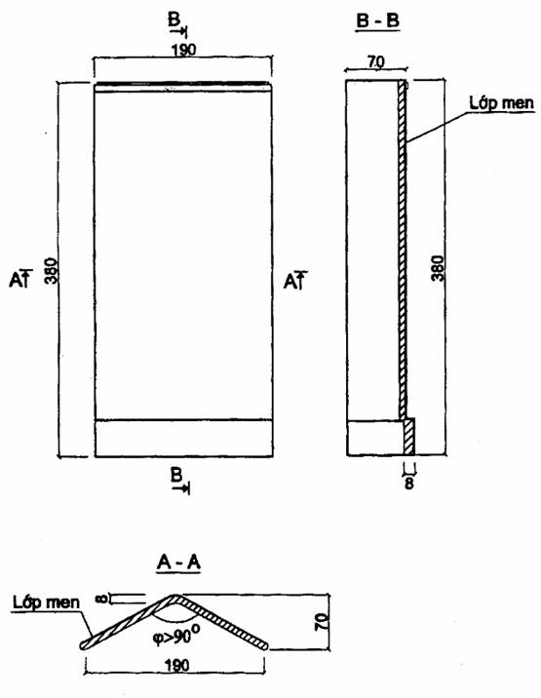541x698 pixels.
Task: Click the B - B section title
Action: pos(377,21)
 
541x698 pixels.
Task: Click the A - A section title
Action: pos(178,562)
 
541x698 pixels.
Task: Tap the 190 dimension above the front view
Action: pos(183,50)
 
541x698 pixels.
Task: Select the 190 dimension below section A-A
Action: pos(177,666)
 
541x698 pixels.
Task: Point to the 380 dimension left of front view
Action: pos(52,270)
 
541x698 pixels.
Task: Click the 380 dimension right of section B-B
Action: pos(438,267)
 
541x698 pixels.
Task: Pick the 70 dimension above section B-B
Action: pos(375,61)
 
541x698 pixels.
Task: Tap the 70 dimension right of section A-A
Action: pos(322,621)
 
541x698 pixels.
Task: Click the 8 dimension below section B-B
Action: pos(408,484)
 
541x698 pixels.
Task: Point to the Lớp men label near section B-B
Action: pos(501,102)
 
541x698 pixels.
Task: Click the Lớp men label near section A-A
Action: pos(46,602)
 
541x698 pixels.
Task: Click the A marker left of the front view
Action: pos(20,279)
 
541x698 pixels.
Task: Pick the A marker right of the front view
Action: pos(295,281)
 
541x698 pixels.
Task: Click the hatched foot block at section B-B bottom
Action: pos(408,437)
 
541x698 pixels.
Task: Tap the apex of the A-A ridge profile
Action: pos(174,596)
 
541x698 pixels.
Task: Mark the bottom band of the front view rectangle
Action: pos(183,438)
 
